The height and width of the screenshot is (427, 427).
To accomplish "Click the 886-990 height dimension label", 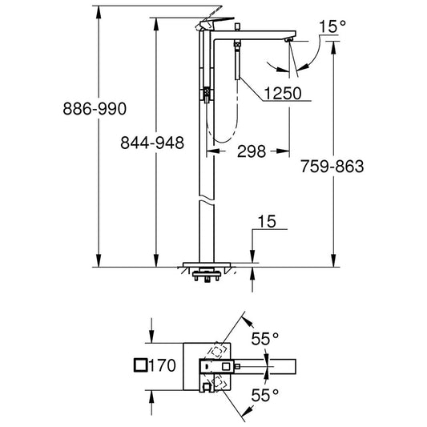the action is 95,108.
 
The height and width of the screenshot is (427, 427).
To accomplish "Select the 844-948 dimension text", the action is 152,143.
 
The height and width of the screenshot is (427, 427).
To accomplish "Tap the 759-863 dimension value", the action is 332,166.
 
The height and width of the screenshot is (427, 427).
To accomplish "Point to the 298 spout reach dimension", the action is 252,151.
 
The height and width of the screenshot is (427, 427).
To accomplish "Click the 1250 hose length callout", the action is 283,93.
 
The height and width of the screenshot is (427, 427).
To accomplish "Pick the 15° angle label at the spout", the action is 332,26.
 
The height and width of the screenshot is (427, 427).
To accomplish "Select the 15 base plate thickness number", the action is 267,221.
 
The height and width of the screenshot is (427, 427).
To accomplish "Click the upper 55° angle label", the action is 265,339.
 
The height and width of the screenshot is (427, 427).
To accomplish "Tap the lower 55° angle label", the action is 265,395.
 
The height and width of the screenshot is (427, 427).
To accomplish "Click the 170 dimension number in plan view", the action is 163,365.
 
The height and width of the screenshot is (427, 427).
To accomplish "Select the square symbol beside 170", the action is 140,365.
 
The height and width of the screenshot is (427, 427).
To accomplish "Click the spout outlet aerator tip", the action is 289,40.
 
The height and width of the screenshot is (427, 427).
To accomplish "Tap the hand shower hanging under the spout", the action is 237,60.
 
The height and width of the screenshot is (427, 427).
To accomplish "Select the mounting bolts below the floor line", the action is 207,276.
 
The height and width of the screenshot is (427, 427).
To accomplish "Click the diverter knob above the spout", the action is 237,26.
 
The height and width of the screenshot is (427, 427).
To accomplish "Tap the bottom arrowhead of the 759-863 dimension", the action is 333,260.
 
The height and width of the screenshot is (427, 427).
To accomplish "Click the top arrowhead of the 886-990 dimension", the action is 99,12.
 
